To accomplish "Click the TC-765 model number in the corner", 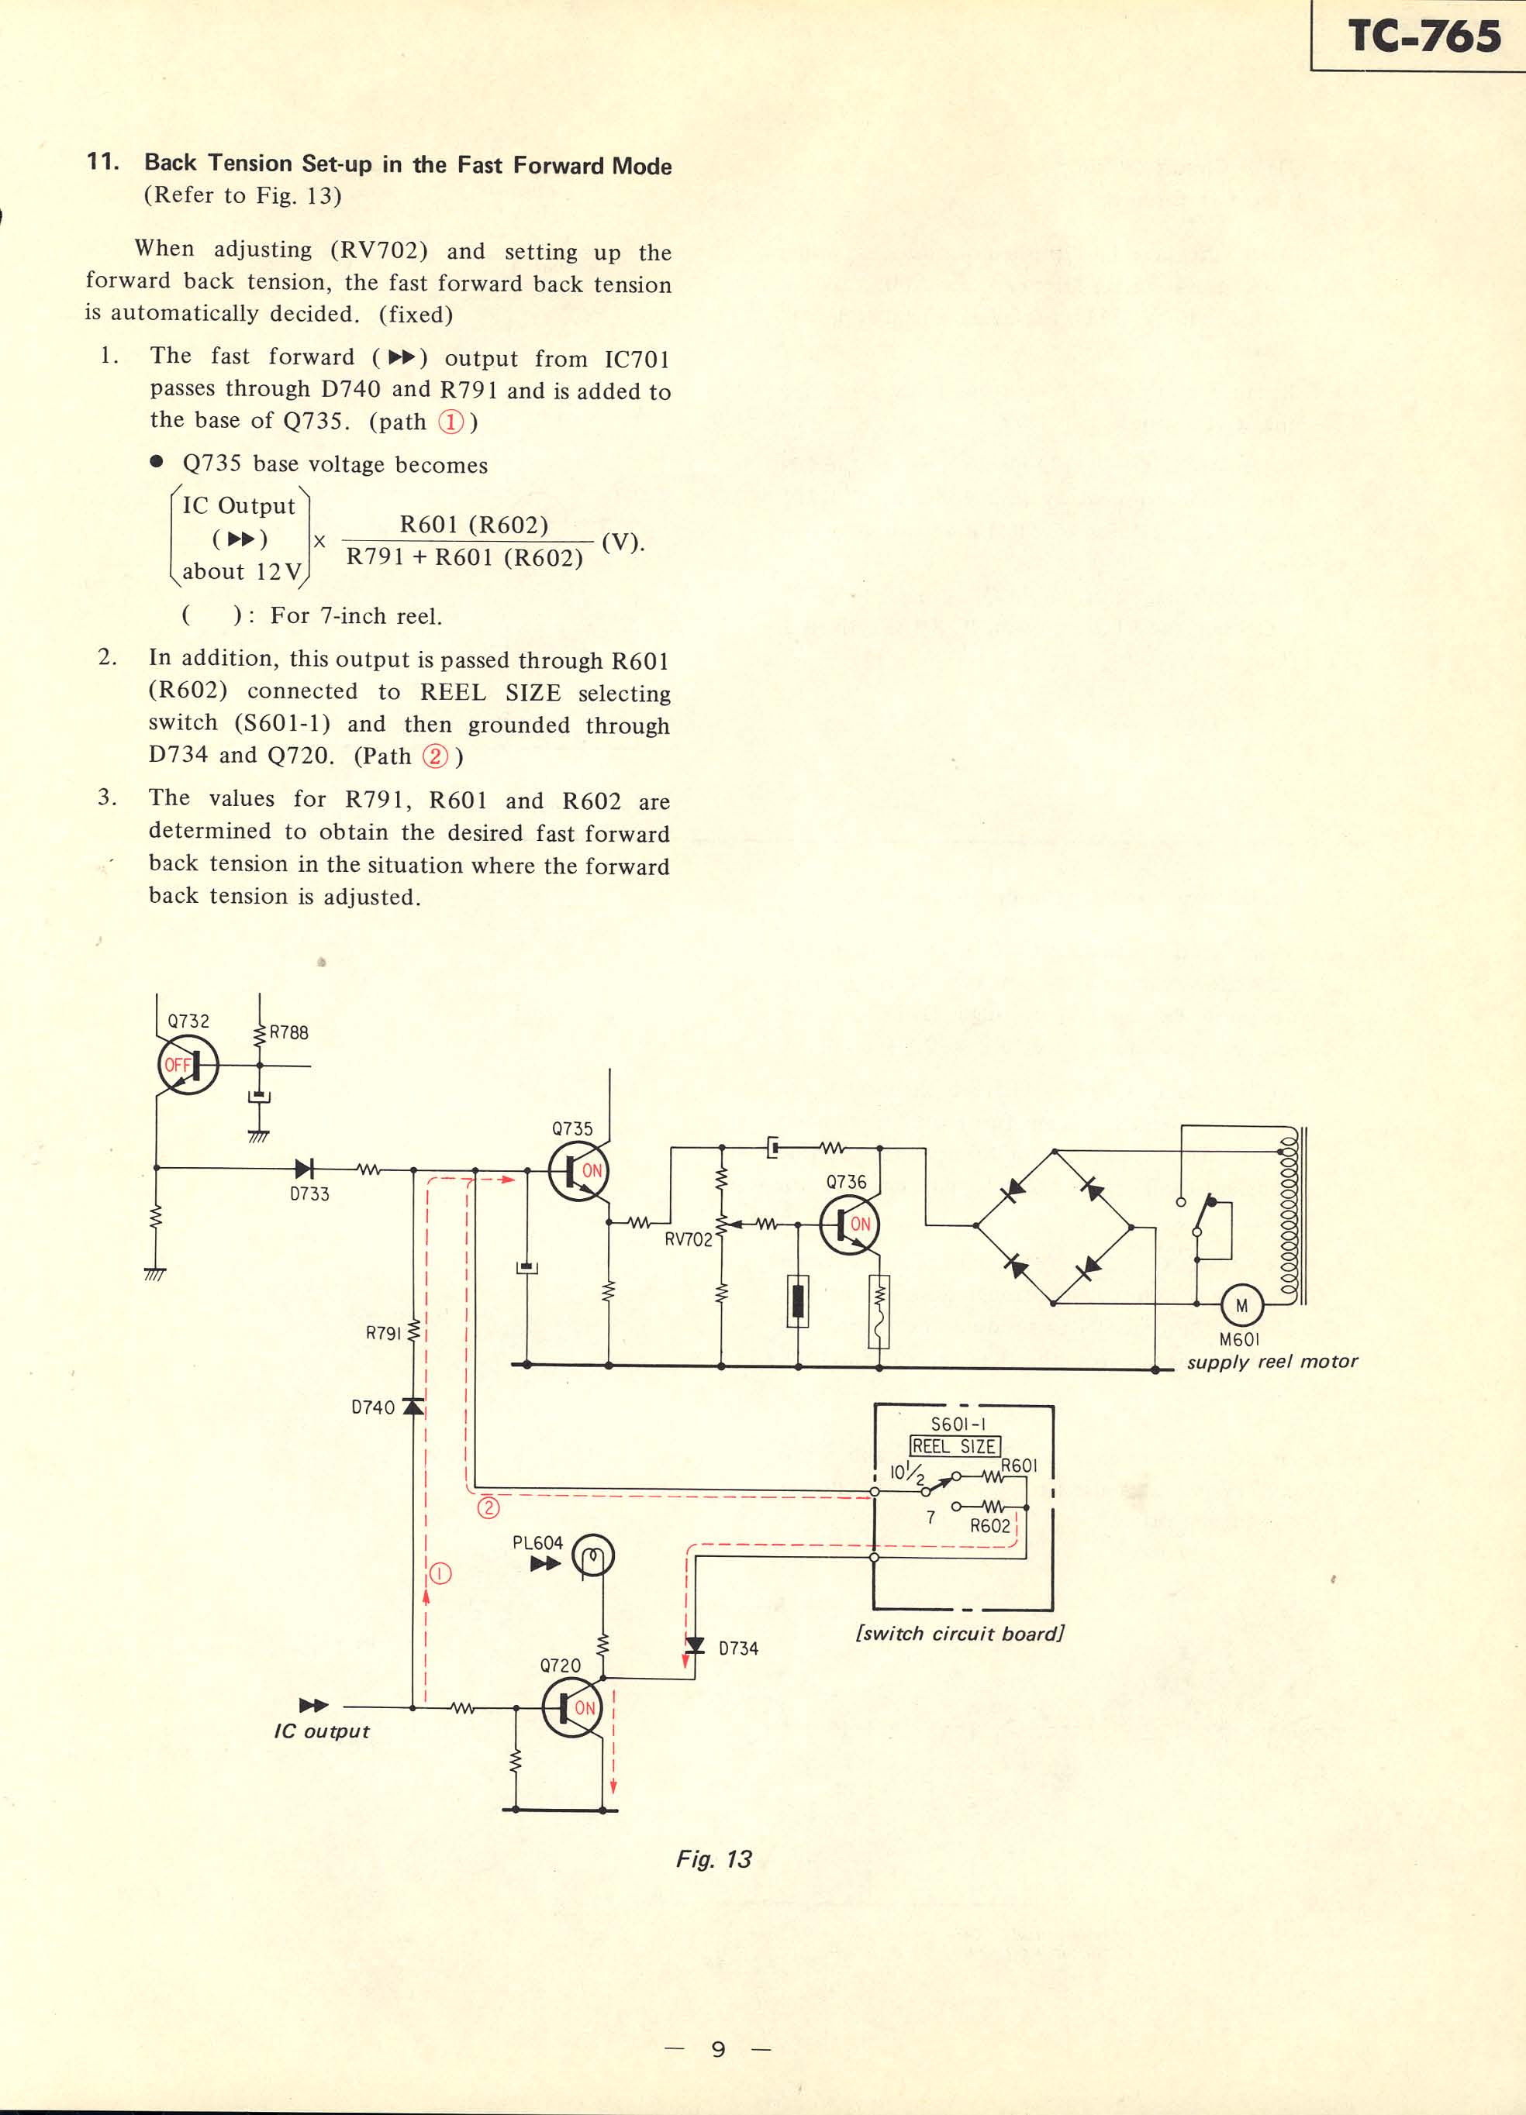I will point(1424,36).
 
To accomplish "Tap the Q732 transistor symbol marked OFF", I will point(188,1065).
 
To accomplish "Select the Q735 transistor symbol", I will point(578,1173).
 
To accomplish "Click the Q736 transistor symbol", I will point(849,1225).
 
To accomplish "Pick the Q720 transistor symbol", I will point(571,1707).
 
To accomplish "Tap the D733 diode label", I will point(309,1194).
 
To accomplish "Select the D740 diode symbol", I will point(413,1407).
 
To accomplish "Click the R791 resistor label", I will point(382,1334).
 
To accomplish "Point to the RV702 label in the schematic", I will point(689,1239).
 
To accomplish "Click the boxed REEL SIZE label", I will point(955,1446).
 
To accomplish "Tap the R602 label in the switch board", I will point(989,1527).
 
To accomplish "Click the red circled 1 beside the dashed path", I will point(440,1574).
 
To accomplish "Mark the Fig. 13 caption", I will point(713,1859).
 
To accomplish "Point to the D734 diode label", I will point(738,1648).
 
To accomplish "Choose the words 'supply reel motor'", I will point(1272,1362).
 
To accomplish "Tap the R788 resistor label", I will point(288,1032).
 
